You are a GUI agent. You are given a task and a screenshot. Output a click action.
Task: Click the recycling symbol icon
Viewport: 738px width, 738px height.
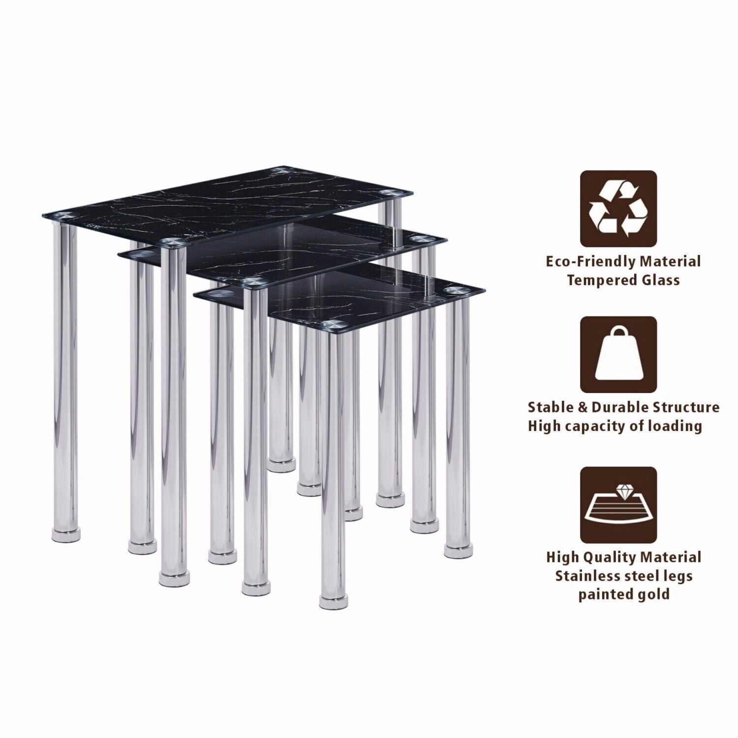click(618, 209)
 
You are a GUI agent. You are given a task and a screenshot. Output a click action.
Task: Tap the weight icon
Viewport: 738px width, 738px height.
click(618, 354)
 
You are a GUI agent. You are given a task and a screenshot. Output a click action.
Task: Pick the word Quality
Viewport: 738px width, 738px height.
click(610, 557)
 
